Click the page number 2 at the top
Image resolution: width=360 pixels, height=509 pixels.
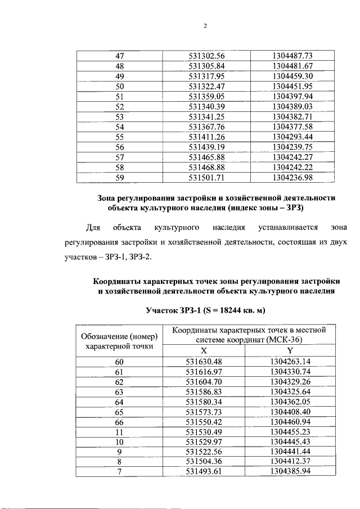(x=205, y=26)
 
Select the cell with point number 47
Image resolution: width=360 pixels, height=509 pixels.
(x=119, y=56)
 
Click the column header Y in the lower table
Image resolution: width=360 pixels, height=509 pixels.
(x=290, y=350)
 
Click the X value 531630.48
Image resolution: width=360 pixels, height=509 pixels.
(x=205, y=362)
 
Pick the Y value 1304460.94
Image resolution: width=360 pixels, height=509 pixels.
(x=290, y=422)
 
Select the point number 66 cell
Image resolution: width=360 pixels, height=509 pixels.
(x=119, y=422)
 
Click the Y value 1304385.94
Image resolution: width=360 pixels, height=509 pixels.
(x=290, y=473)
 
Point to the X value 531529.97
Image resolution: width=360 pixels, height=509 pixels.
(x=205, y=443)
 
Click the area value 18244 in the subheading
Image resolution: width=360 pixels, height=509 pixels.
(x=226, y=310)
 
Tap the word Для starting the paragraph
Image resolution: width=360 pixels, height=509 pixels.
(x=92, y=228)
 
